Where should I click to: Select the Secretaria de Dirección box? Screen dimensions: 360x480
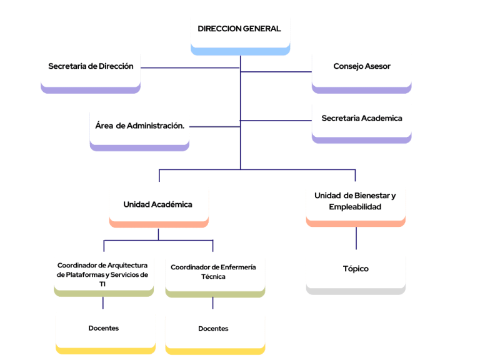[x=91, y=70]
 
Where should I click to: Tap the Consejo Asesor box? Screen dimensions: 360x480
[x=361, y=70]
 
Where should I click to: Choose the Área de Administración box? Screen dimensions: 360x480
[x=139, y=128]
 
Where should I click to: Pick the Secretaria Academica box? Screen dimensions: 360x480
[x=361, y=121]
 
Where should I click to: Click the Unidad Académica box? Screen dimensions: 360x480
[x=158, y=207]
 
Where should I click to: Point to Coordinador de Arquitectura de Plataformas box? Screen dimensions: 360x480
[x=103, y=276]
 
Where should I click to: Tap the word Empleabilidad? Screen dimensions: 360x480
[x=355, y=207]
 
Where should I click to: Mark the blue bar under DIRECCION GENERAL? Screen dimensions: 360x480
[x=240, y=51]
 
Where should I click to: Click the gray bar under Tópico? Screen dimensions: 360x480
[x=356, y=291]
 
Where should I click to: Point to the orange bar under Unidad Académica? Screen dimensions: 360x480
[x=158, y=224]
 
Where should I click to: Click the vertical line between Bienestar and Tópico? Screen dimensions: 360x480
[x=356, y=237]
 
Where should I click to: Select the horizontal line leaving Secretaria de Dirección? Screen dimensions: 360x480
[x=187, y=67]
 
